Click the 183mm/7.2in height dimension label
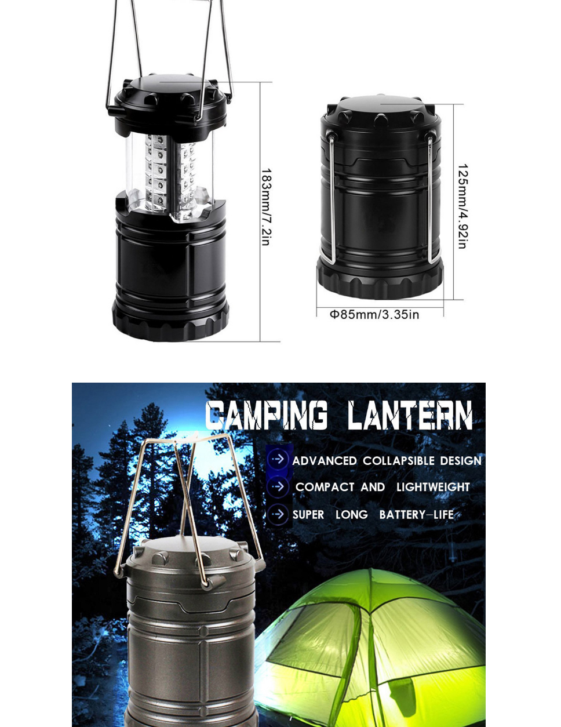266,207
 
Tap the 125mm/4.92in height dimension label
462,206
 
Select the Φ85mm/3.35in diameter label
374,315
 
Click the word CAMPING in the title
267,415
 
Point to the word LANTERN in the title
410,415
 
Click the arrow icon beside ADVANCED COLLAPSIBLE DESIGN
278,459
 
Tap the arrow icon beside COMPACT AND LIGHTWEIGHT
278,486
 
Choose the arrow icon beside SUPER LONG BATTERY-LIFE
278,514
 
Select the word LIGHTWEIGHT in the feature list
434,487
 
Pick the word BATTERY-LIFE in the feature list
416,515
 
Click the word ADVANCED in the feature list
325,461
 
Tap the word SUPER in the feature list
308,515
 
